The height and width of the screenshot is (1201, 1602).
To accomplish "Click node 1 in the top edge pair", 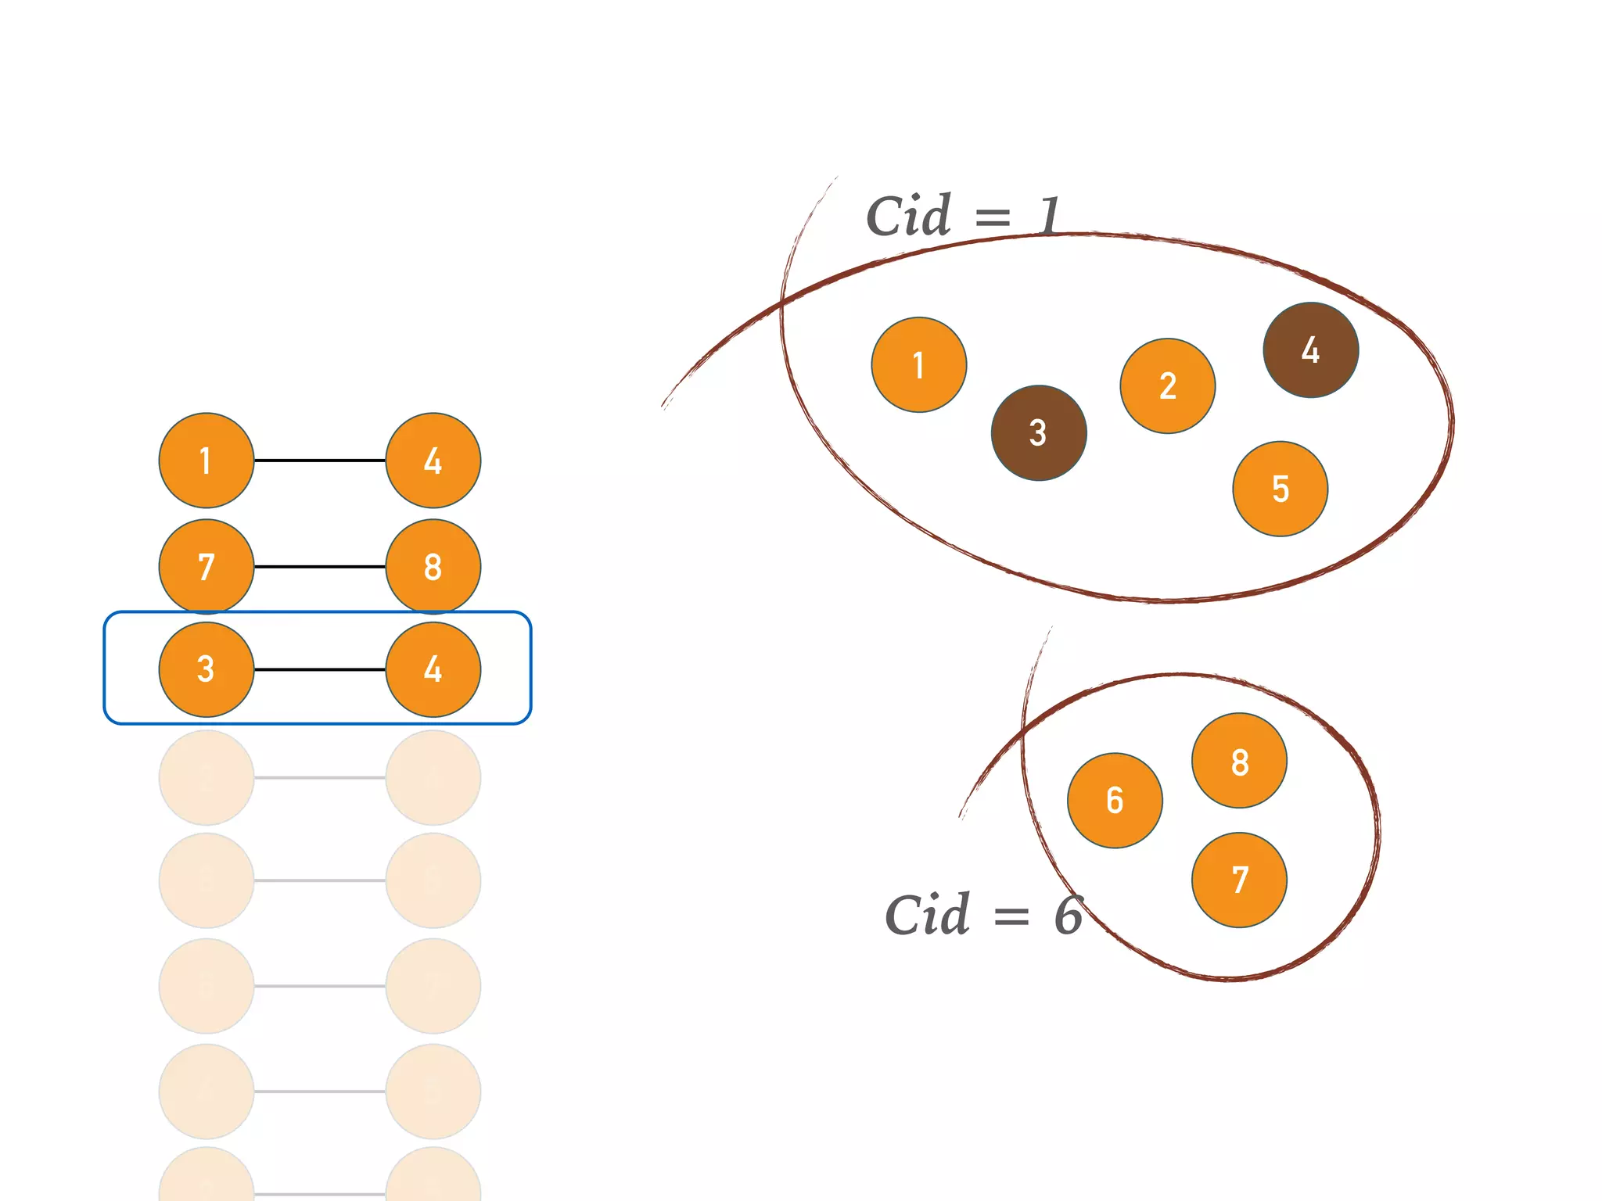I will coord(207,461).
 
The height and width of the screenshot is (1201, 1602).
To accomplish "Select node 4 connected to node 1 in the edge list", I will coord(433,461).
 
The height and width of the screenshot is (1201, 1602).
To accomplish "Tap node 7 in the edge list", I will coord(207,566).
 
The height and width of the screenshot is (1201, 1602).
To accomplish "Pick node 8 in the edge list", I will coord(433,566).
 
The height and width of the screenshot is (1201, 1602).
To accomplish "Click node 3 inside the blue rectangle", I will coord(207,669).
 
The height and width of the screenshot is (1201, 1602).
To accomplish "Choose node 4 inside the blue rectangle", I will coord(433,669).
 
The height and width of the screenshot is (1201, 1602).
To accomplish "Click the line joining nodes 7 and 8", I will coord(320,566).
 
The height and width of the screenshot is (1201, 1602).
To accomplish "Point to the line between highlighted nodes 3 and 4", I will coord(320,669).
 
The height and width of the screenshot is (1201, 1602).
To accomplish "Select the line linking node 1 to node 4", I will coord(320,461).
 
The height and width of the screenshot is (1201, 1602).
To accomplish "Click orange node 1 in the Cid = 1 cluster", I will coord(919,364).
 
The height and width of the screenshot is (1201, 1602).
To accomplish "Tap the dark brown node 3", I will coord(1039,432).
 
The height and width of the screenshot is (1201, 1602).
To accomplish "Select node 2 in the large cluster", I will coord(1168,385).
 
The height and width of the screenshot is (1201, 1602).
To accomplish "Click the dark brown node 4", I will coord(1311,350).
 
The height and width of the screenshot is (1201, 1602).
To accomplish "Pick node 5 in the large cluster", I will coord(1281,489).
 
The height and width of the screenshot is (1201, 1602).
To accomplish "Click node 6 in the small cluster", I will coord(1115,800).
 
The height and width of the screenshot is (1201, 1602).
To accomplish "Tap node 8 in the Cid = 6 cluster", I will coord(1240,760).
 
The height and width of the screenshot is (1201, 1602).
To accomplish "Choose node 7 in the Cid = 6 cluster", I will coord(1240,880).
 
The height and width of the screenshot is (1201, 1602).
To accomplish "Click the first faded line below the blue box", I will coord(320,777).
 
